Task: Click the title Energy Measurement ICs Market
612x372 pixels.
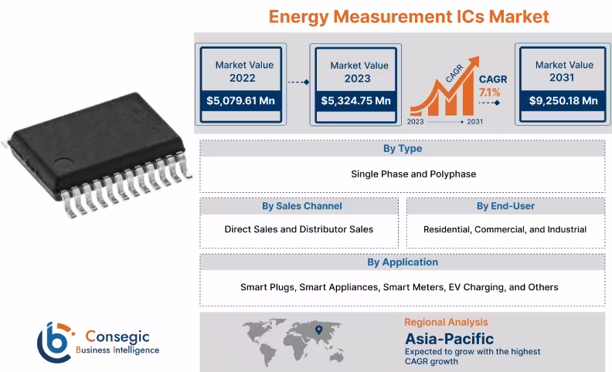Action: click(408, 16)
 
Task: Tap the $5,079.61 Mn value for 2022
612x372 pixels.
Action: click(240, 100)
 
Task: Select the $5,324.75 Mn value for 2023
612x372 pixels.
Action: click(355, 101)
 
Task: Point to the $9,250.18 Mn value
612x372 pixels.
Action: click(563, 100)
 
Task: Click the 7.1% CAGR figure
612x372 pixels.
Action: click(490, 93)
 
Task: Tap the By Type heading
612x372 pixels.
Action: click(403, 148)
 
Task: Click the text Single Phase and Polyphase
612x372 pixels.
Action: click(403, 174)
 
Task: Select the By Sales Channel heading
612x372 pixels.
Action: click(301, 206)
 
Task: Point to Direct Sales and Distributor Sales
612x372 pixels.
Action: click(299, 229)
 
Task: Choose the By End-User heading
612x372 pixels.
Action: click(505, 206)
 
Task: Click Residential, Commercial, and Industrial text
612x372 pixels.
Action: click(505, 229)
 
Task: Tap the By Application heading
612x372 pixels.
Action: click(403, 262)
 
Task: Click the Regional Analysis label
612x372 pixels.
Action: click(446, 322)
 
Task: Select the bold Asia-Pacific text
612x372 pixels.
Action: click(449, 338)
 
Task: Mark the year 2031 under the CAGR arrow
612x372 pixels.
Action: click(475, 122)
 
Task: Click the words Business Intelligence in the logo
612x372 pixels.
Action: click(117, 350)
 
